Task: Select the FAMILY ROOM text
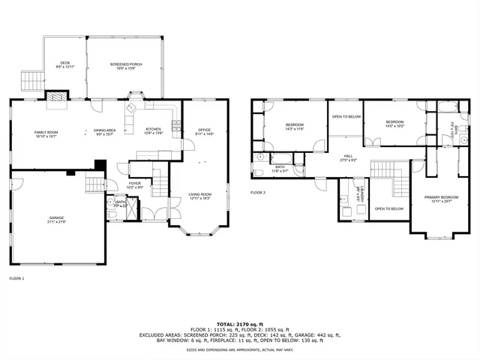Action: point(46,133)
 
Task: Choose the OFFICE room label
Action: point(204,131)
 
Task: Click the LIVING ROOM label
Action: point(199,196)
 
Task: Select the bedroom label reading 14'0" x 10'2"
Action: point(394,124)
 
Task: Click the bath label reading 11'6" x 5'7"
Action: point(280,168)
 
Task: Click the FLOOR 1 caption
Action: point(16,278)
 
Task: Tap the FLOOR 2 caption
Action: point(258,193)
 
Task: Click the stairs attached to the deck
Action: point(31,79)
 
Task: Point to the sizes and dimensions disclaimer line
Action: point(240,349)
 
